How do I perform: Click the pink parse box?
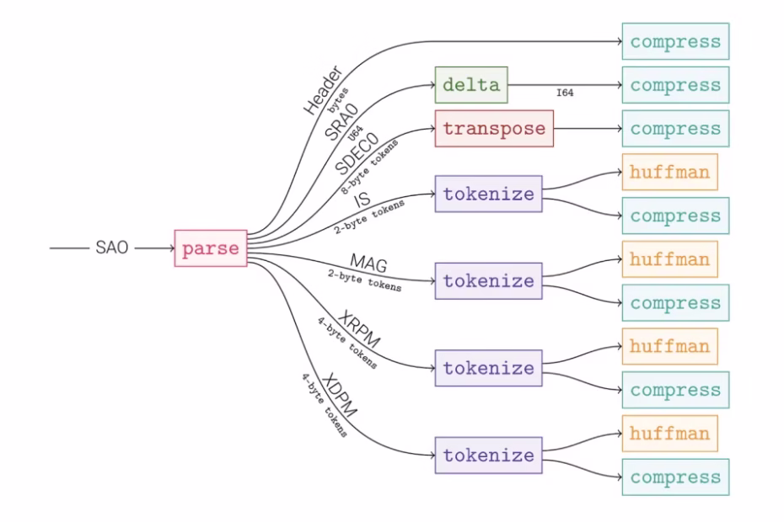pyautogui.click(x=211, y=248)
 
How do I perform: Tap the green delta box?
pyautogui.click(x=471, y=85)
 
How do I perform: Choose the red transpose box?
pyautogui.click(x=494, y=129)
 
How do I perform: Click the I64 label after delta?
pyautogui.click(x=565, y=93)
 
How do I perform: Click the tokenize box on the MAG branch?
pyautogui.click(x=489, y=280)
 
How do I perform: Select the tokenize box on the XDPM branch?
pyautogui.click(x=489, y=455)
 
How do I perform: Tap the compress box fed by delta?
pyautogui.click(x=675, y=85)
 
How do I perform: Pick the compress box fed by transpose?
pyautogui.click(x=675, y=129)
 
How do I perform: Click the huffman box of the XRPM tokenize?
pyautogui.click(x=669, y=346)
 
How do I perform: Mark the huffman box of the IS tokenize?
pyautogui.click(x=669, y=172)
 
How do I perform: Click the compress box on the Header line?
pyautogui.click(x=675, y=41)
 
